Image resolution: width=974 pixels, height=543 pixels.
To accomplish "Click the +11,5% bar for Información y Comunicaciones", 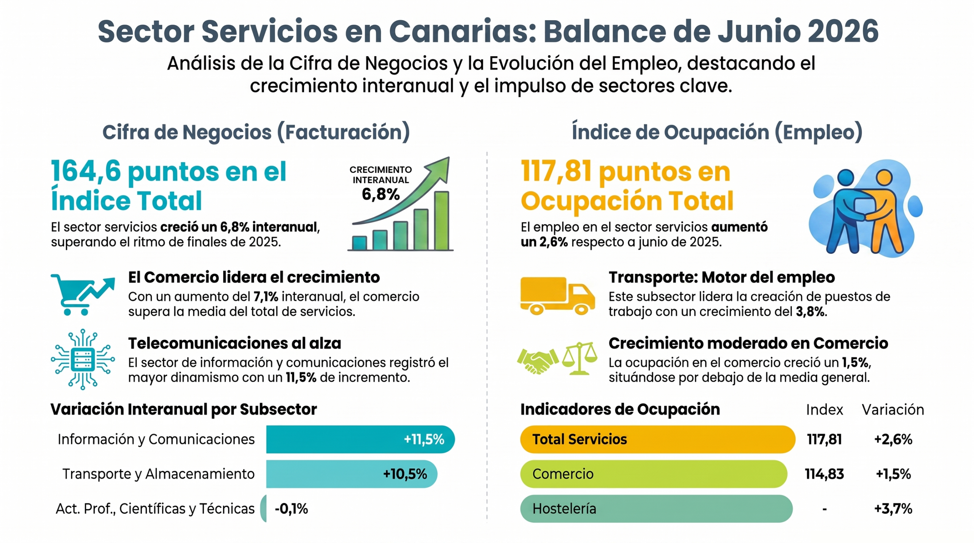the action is pos(360,439).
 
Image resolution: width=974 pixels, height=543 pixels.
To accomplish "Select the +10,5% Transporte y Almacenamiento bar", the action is pos(352,474).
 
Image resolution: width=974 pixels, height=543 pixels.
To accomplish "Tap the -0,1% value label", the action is pos(291,508).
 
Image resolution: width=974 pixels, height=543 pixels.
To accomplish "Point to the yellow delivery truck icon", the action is pos(557,296).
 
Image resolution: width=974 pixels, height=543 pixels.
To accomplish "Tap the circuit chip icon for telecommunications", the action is pos(83,359).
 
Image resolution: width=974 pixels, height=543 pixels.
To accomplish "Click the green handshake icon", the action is pos(538,361).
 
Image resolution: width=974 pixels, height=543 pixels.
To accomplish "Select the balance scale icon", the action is pos(579,358).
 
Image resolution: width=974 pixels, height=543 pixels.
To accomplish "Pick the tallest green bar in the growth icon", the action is pos(441,220).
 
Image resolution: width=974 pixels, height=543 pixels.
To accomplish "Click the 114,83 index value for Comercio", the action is pos(824,474).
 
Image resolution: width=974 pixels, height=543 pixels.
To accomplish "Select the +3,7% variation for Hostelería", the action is pos(893,508).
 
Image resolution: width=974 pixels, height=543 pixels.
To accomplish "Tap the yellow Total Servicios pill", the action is pos(657,439).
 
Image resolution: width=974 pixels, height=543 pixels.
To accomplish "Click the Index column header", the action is pos(824,410).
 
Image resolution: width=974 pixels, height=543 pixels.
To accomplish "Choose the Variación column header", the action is pos(893,410).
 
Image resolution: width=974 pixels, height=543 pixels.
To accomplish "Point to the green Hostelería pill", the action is pos(656,508).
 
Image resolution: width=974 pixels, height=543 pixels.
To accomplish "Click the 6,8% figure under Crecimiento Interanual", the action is pos(380,194).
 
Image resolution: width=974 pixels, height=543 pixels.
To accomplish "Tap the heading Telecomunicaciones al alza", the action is pos(234,343).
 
